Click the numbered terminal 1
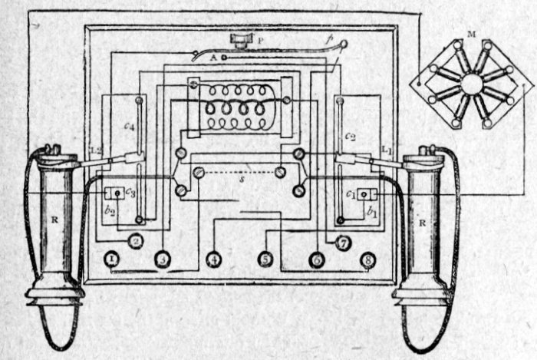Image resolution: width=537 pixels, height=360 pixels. (x=113, y=260)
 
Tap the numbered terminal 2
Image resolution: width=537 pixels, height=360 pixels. (x=136, y=242)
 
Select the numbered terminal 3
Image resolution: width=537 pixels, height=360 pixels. (x=162, y=260)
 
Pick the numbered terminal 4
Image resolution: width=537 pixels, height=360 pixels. (x=213, y=260)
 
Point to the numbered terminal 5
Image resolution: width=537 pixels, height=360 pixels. (x=265, y=260)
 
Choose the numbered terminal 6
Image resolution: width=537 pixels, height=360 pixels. (x=316, y=260)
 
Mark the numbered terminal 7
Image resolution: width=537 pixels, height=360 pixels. (x=343, y=243)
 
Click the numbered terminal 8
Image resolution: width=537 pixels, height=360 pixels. (x=367, y=260)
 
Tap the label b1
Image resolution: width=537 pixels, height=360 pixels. (x=372, y=207)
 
